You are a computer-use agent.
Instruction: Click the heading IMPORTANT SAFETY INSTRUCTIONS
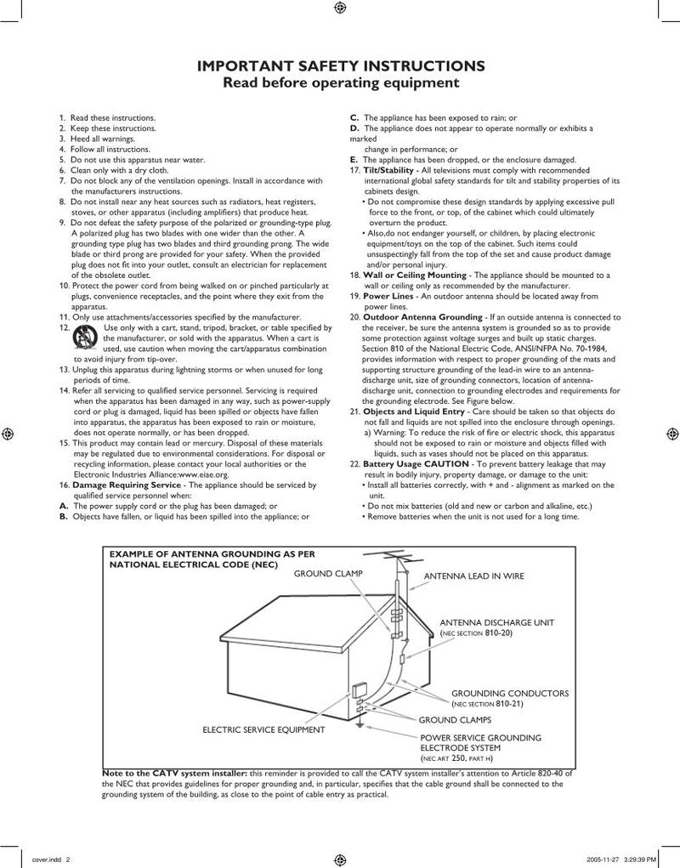pos(341,66)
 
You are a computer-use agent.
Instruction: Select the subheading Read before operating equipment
pos(341,82)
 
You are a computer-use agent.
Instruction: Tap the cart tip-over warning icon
pos(83,335)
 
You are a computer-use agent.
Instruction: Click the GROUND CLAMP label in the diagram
pos(328,574)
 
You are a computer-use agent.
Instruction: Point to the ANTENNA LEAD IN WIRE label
pos(474,576)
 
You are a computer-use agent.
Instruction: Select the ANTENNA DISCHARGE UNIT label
pos(496,622)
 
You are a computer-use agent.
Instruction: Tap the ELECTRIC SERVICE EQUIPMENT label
pos(263,729)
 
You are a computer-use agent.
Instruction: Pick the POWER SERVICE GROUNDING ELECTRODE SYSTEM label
pos(481,742)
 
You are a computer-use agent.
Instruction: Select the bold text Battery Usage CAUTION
pos(416,464)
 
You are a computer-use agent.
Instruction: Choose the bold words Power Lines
pos(387,295)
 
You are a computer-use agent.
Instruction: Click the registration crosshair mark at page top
pos(340,9)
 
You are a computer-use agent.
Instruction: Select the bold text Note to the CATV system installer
pos(174,774)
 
